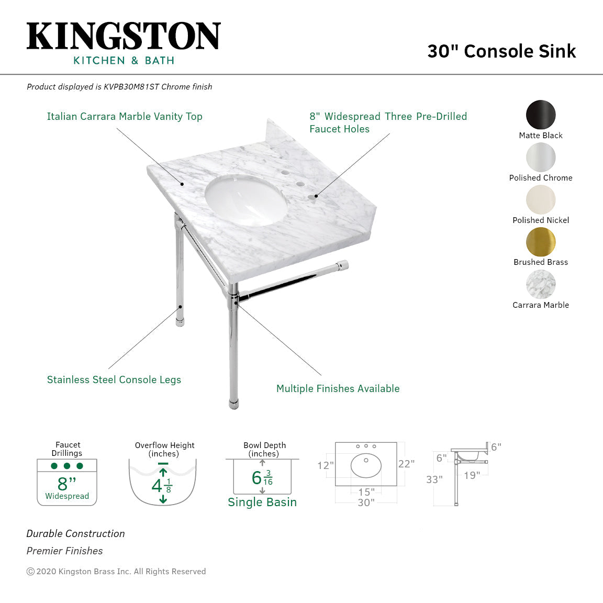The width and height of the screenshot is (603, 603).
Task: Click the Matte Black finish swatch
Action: click(541, 114)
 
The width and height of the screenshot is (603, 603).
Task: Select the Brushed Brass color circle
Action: click(541, 242)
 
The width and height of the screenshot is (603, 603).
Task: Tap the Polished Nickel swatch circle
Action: click(541, 199)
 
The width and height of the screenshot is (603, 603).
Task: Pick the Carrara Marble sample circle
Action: click(541, 284)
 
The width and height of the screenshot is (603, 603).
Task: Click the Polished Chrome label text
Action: click(541, 178)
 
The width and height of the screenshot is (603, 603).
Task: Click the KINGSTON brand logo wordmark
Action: click(124, 36)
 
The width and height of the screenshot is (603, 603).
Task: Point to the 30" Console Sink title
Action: click(501, 51)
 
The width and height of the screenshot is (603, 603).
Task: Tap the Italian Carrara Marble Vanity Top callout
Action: click(125, 117)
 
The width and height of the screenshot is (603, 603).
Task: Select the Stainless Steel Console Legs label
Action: click(114, 380)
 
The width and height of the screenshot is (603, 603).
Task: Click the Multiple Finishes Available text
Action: click(338, 389)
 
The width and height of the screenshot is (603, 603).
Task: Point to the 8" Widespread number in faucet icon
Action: click(67, 483)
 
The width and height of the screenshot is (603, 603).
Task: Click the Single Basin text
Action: click(262, 502)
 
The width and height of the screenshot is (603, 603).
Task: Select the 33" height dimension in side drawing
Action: click(434, 479)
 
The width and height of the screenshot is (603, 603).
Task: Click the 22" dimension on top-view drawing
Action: click(406, 464)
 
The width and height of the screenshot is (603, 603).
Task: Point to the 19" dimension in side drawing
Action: click(472, 476)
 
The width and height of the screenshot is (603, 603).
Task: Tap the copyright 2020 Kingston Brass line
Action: click(116, 572)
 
